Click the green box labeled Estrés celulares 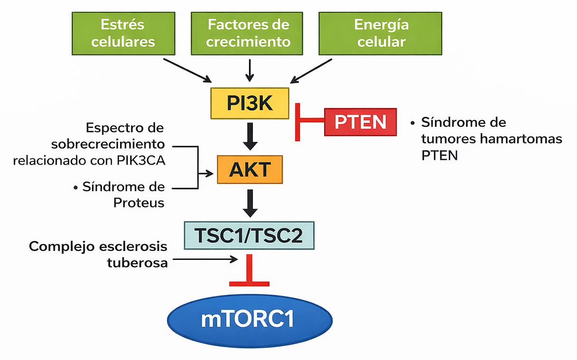(x=123, y=33)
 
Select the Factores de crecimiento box (x=248, y=33)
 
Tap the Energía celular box (x=381, y=33)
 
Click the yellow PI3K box (x=250, y=103)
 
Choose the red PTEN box (x=360, y=122)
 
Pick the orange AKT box (x=250, y=170)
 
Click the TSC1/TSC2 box (x=249, y=235)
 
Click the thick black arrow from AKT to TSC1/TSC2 (x=250, y=203)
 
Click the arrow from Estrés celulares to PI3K (x=187, y=70)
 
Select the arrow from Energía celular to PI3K (x=311, y=70)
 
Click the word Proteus (x=139, y=203)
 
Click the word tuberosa (x=138, y=263)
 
